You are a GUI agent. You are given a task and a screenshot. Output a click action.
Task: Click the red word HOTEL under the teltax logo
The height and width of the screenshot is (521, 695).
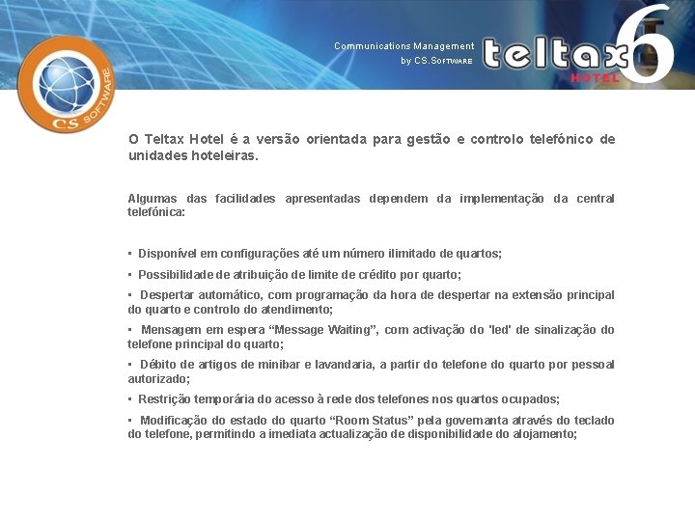point(595,77)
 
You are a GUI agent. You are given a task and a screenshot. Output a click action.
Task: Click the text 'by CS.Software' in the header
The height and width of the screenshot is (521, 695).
point(436,61)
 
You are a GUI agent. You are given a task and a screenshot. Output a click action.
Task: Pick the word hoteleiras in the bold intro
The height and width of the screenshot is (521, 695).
point(219,154)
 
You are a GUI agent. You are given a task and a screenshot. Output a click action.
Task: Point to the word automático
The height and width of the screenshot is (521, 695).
point(233,295)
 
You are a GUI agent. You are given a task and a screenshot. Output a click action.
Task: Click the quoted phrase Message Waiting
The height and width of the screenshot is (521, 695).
point(321,330)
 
